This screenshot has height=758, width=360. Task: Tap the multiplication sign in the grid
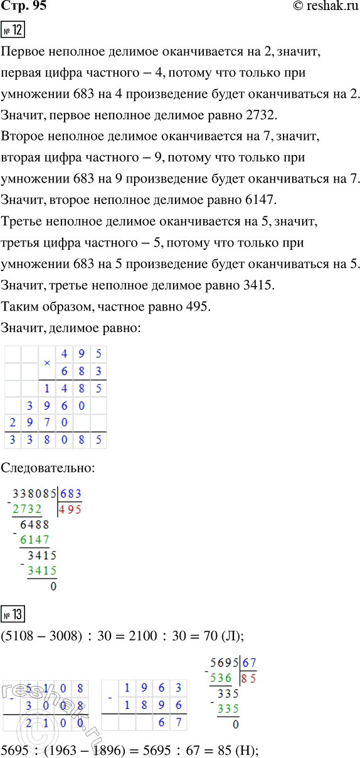[47, 363]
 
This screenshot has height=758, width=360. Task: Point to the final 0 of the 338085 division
[53, 586]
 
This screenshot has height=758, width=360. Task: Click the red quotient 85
[249, 678]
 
